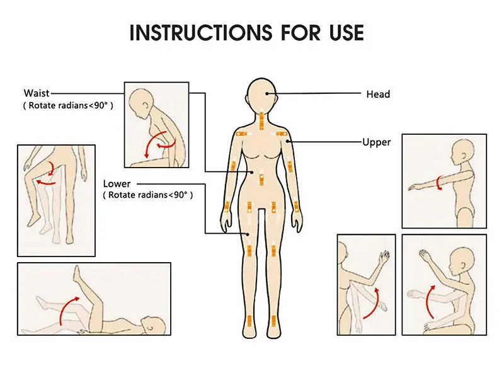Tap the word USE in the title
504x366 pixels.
(347, 33)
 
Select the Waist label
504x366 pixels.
(37, 93)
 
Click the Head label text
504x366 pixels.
(378, 94)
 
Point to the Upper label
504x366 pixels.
(376, 142)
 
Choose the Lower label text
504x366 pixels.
(117, 184)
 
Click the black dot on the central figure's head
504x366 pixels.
(266, 93)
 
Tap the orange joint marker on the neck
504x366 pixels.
(261, 120)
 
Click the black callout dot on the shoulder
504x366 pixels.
(287, 141)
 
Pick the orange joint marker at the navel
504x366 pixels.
(262, 180)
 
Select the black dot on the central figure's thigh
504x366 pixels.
(248, 234)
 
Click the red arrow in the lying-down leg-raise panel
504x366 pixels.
(67, 307)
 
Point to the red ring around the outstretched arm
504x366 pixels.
(438, 183)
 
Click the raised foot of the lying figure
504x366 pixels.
(76, 274)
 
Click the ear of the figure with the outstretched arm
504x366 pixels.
(464, 155)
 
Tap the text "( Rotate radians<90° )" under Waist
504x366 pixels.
(68, 105)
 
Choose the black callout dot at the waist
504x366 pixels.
(253, 172)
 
